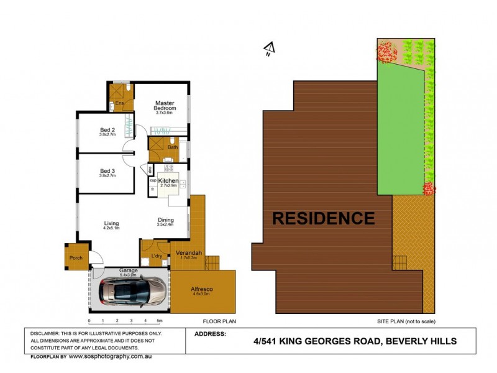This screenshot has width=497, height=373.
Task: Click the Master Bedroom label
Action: pos(165,103)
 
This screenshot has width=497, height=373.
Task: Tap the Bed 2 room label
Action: pos(107,131)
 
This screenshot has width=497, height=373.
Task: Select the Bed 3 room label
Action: pos(107,171)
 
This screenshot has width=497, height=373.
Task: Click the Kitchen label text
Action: pos(168,180)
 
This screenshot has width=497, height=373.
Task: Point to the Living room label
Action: pos(112,224)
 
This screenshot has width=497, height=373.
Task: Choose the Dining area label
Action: pos(165,220)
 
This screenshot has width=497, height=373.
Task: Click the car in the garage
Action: pos(133,291)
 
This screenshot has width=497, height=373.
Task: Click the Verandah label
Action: pos(186,253)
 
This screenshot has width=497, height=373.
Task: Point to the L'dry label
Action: pos(158,256)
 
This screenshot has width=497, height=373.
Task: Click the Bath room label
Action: pos(172,147)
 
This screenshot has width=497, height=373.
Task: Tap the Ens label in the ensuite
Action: pos(121,102)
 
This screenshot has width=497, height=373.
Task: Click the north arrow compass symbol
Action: pos(268,48)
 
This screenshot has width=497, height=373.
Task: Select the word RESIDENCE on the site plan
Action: pos(323,218)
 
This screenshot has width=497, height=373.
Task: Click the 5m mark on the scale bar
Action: pos(159,321)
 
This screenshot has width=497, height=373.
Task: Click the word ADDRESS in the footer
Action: pos(209,334)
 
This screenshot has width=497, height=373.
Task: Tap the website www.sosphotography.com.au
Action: pos(111,357)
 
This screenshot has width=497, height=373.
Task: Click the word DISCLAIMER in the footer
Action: pos(46,334)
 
